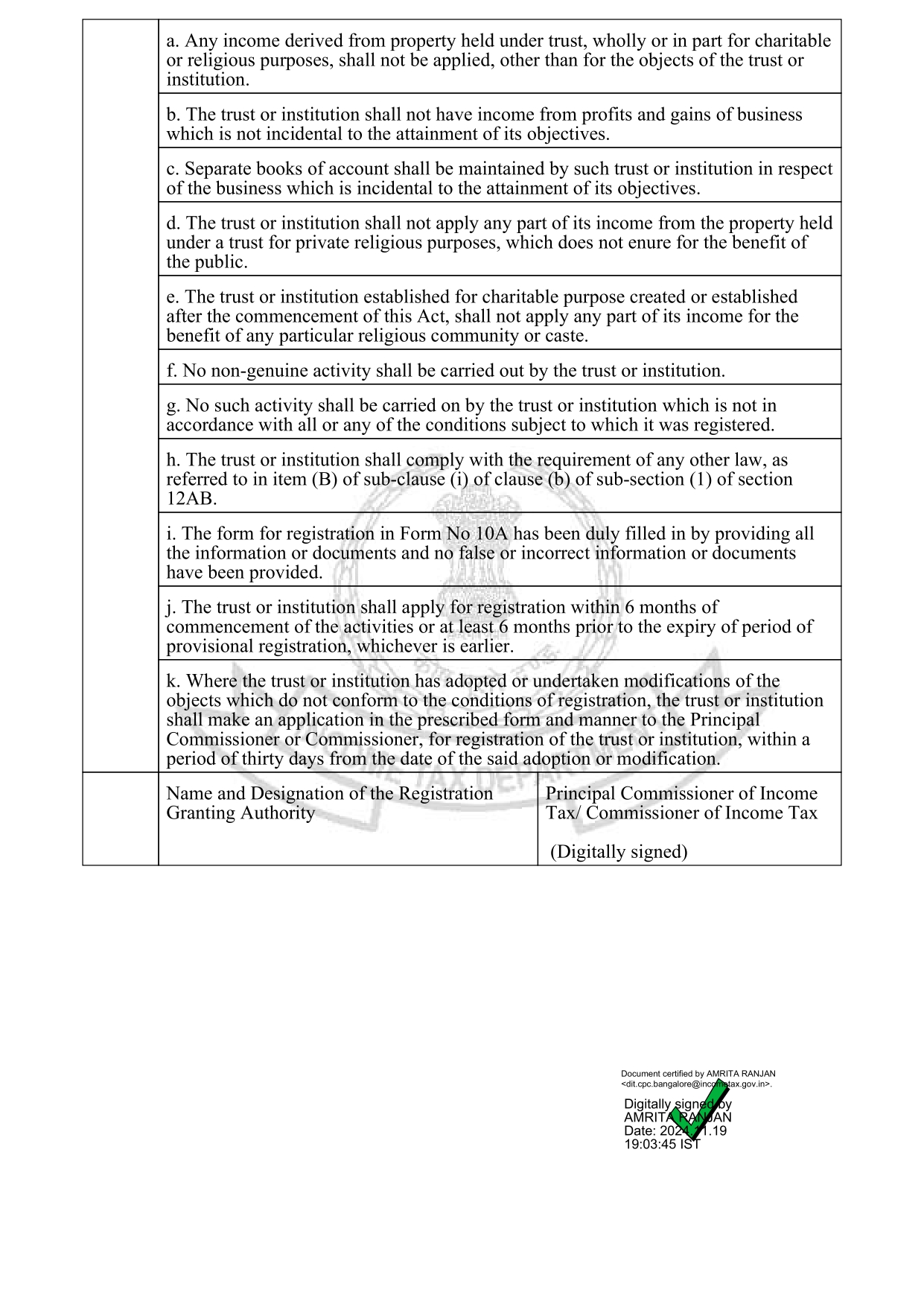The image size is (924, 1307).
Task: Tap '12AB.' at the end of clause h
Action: (191, 499)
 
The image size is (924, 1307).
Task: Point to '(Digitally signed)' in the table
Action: (619, 852)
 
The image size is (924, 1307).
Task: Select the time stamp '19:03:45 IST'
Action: (662, 1144)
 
